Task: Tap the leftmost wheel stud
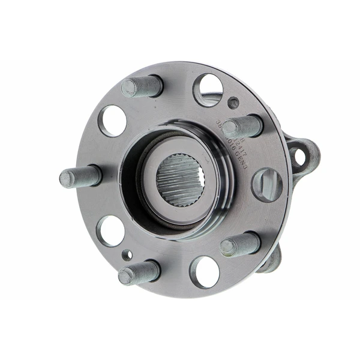coord(80,176)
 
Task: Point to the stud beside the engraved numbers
coord(243,126)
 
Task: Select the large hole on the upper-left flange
coord(112,120)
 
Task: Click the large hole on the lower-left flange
coord(111,231)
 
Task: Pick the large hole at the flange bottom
coord(205,271)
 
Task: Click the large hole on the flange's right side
coord(266,184)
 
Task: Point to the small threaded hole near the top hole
coord(233,103)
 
